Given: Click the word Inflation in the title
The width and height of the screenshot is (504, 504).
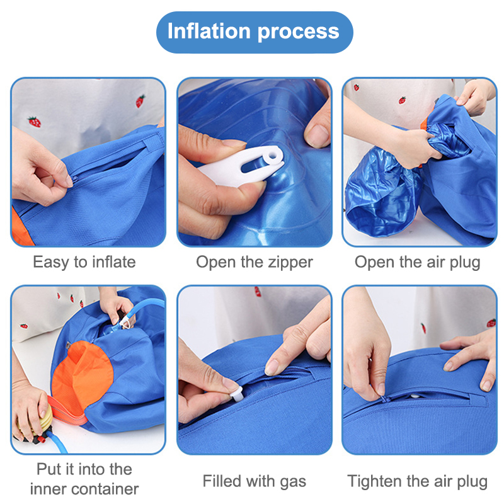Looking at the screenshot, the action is [209, 31].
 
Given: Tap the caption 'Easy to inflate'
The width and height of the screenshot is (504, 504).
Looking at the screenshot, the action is [84, 262].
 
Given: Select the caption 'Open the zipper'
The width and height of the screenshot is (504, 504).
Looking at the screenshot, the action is [255, 262].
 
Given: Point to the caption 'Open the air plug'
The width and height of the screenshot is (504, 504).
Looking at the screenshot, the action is [418, 262].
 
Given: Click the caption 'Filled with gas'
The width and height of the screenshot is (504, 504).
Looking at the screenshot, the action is [255, 481].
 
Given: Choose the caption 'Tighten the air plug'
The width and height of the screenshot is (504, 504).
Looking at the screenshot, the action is [418, 481].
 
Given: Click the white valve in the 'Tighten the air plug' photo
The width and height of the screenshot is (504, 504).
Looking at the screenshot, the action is [415, 397].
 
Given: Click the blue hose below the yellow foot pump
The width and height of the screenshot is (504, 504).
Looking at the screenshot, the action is [58, 442].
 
